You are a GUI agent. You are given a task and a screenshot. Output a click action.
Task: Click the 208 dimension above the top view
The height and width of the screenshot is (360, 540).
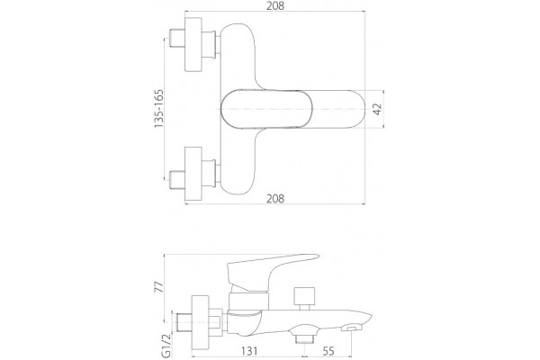pyautogui.click(x=275, y=5)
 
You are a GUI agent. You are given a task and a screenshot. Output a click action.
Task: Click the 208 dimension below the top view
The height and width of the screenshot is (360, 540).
pyautogui.click(x=275, y=198)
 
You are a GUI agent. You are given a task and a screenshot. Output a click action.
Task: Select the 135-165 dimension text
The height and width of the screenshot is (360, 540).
pyautogui.click(x=158, y=109)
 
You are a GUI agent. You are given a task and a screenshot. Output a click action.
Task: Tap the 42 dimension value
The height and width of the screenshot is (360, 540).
pyautogui.click(x=378, y=109)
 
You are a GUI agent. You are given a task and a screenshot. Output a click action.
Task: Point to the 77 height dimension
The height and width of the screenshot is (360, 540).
pyautogui.click(x=158, y=287)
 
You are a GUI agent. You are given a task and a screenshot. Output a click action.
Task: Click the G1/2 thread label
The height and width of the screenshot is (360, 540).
pyautogui.click(x=166, y=346)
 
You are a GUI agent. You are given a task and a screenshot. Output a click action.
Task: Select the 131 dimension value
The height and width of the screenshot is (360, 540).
pyautogui.click(x=249, y=351)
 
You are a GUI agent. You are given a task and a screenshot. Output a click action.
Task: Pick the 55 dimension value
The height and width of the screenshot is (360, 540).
pyautogui.click(x=328, y=351)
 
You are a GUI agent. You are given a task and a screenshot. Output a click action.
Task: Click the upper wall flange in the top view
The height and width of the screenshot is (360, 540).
pyautogui.click(x=193, y=44)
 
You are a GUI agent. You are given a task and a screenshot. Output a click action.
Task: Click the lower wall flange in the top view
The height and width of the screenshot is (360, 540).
pyautogui.click(x=193, y=174)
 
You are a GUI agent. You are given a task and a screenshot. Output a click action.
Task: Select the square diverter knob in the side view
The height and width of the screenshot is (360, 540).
pyautogui.click(x=304, y=295)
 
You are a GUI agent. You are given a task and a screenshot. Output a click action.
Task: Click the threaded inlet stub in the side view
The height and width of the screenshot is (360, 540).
pyautogui.click(x=184, y=322)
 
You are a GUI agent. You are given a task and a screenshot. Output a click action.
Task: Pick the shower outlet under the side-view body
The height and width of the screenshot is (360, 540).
pyautogui.click(x=304, y=335)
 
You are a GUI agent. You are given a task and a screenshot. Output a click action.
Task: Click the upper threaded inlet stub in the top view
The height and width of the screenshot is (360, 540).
pyautogui.click(x=177, y=40)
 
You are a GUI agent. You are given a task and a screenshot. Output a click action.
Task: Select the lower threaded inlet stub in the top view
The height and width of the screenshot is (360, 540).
pyautogui.click(x=177, y=179)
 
